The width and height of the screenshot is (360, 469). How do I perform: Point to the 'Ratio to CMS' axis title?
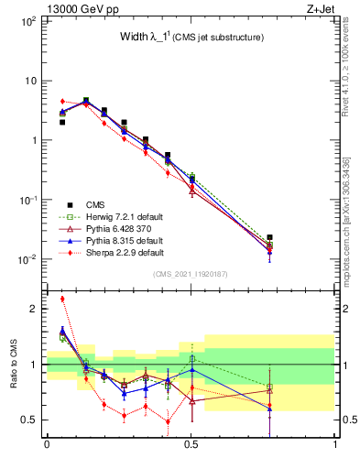point(14,376)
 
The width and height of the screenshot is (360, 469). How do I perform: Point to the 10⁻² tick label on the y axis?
point(27,260)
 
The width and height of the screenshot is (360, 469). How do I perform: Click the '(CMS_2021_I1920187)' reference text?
point(191,274)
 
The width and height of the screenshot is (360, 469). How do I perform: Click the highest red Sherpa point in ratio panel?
point(62,299)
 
